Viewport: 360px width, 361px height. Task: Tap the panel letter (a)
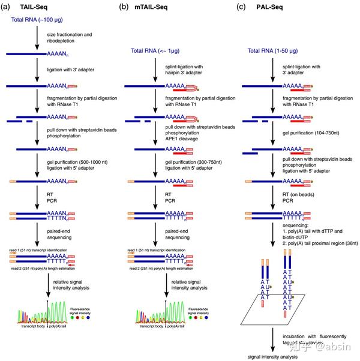click(7, 7)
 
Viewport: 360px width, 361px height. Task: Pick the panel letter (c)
click(242, 7)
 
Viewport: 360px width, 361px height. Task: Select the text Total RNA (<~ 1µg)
click(157, 50)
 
